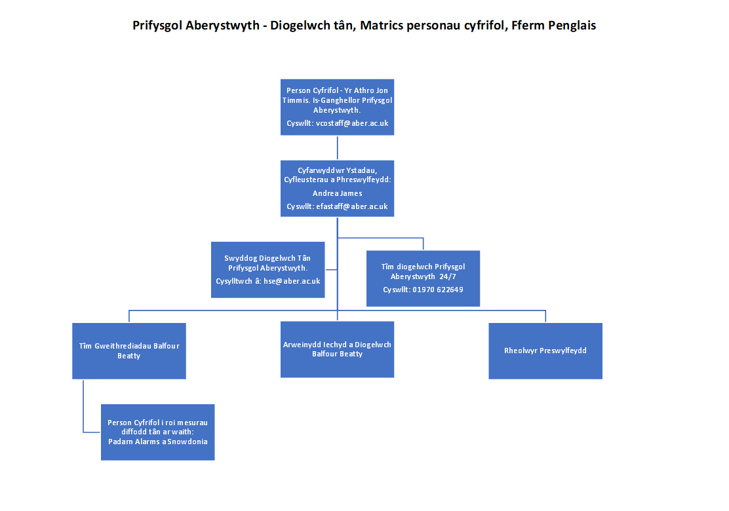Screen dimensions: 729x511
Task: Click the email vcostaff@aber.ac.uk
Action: click(352, 123)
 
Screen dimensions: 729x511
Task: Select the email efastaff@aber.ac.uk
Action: click(352, 206)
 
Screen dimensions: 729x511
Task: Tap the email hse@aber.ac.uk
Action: click(292, 281)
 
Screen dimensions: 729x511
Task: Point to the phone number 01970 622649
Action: click(438, 290)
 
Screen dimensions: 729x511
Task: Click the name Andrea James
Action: click(337, 193)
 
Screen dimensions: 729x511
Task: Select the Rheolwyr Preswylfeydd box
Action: click(545, 350)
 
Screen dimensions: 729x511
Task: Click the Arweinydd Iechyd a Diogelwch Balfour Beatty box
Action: click(337, 349)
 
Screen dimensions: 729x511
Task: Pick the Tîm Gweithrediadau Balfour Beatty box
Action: click(129, 350)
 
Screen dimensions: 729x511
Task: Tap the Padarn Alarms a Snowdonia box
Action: click(157, 432)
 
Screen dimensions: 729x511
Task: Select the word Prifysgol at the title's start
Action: click(157, 26)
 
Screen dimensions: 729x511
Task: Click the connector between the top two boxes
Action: click(337, 147)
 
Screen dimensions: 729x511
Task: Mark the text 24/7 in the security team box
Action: click(448, 276)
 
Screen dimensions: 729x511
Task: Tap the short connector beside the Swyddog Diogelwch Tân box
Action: click(331, 269)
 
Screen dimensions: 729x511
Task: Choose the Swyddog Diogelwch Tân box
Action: click(267, 269)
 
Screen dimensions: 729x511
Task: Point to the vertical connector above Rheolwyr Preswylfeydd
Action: click(545, 316)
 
